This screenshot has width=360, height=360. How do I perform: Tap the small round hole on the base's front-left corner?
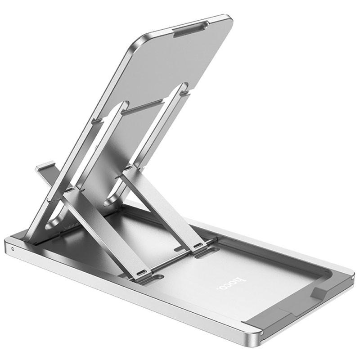pyautogui.click(x=12, y=248)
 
